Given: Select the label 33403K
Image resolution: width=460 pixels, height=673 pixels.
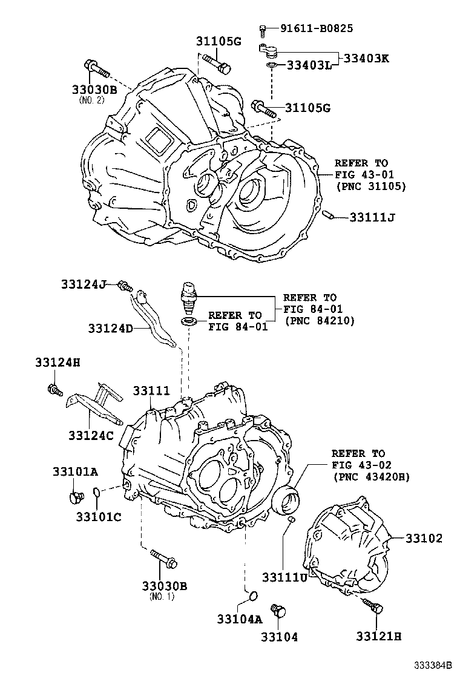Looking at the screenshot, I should coord(367,59).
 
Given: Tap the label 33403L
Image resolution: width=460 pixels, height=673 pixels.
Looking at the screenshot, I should coord(308,65).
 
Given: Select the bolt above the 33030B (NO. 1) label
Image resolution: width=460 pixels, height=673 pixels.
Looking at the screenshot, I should coord(163,560).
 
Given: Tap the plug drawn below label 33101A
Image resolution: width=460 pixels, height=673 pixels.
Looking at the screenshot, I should coord(76,497).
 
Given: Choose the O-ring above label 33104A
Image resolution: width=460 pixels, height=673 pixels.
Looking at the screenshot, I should coord(252,599).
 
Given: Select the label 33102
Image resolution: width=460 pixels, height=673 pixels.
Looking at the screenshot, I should coord(424,538).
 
